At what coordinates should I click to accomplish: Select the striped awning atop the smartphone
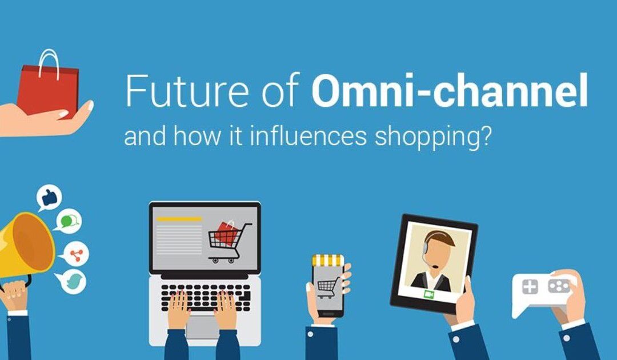click(328, 261)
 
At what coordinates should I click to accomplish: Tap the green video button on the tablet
click(428, 294)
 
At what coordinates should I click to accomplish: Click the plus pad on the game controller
click(530, 287)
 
